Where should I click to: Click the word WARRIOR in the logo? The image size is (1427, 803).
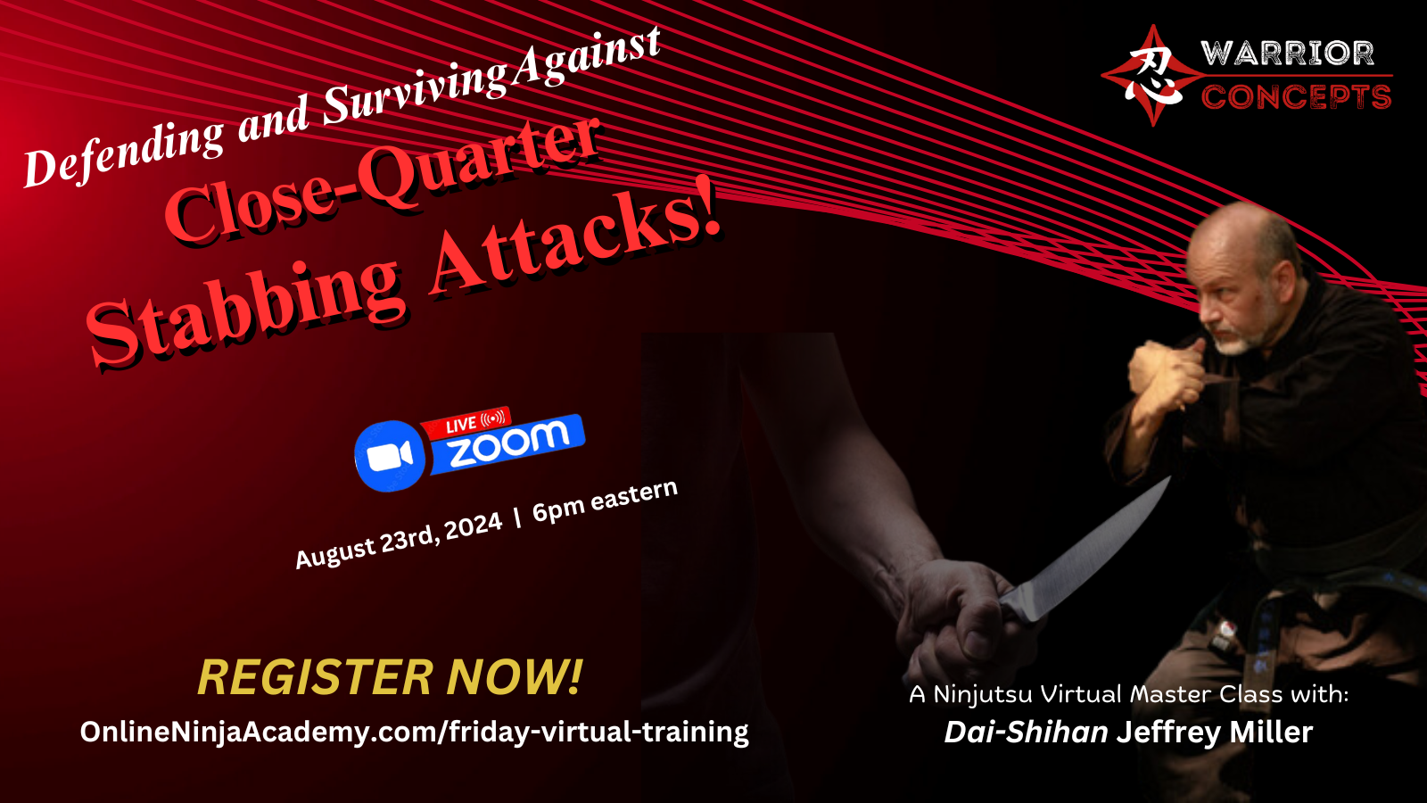[x=1287, y=54]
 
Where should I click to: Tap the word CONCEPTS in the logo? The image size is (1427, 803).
[x=1297, y=97]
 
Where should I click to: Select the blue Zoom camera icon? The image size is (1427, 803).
[x=389, y=455]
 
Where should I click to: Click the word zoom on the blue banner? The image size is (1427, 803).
[x=507, y=443]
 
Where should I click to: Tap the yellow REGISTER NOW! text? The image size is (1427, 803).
[x=390, y=677]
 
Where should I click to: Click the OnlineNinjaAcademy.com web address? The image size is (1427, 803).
[x=414, y=733]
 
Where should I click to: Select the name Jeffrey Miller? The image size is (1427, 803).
[x=1214, y=733]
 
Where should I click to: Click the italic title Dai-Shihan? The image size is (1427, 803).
[x=1027, y=733]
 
